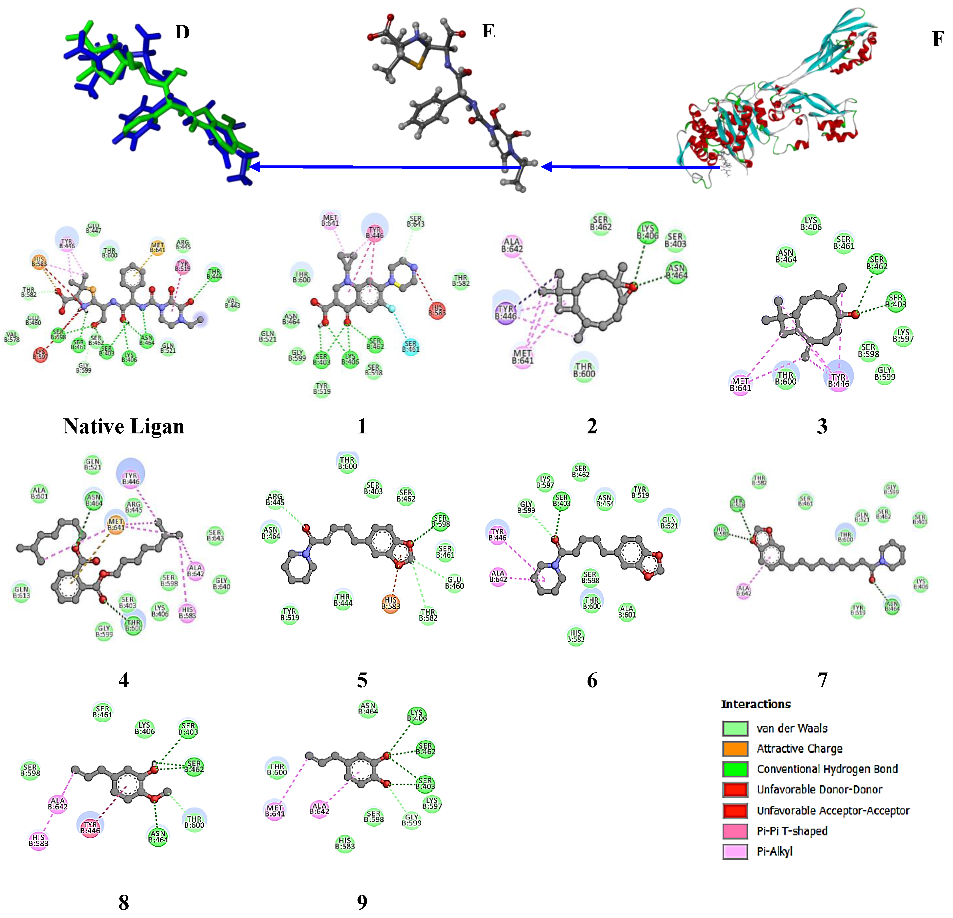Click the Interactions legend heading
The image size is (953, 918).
[756, 704]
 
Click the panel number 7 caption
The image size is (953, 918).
[822, 680]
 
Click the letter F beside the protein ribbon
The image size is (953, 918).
[937, 39]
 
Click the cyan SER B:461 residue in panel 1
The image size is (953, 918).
[411, 346]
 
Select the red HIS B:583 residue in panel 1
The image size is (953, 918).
[437, 310]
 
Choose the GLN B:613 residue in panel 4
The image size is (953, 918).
[21, 592]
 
